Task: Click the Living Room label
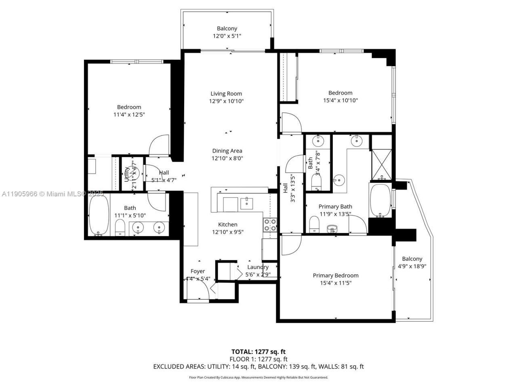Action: [x=226, y=94]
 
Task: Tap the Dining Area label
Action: [x=227, y=151]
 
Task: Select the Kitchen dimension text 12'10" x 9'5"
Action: [x=228, y=232]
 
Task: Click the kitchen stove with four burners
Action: [x=270, y=224]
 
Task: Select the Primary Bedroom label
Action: [x=335, y=276]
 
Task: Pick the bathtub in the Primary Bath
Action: [x=380, y=200]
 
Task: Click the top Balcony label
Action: [x=227, y=29]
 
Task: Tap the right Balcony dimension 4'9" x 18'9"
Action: [x=412, y=266]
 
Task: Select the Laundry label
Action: [x=258, y=267]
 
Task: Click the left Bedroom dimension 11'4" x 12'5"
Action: [x=129, y=115]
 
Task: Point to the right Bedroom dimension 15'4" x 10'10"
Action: [x=340, y=101]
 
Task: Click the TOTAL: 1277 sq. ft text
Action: [x=258, y=352]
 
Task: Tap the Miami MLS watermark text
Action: [x=53, y=194]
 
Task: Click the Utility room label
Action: [x=127, y=174]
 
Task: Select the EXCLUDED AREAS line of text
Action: [x=258, y=367]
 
